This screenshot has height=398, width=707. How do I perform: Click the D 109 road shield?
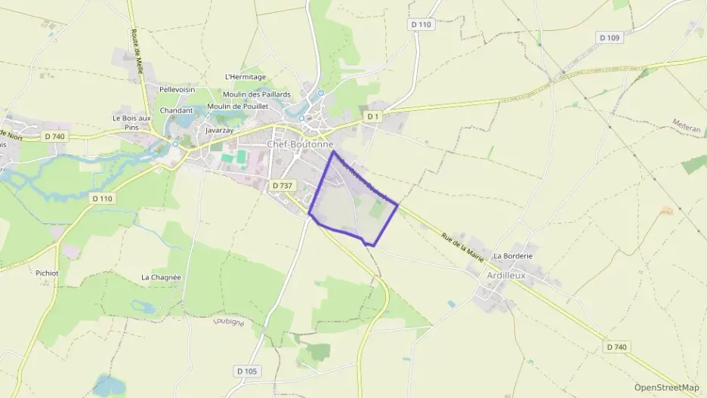[x=609, y=38]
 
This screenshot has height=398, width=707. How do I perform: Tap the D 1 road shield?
[x=372, y=116]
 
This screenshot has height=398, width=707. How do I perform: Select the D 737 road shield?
[x=281, y=185]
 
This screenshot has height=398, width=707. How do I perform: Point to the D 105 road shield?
[x=246, y=371]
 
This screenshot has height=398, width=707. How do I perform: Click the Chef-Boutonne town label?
[x=300, y=144]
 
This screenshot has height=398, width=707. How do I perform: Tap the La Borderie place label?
[x=514, y=256]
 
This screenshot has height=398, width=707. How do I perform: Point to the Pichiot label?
[x=47, y=273]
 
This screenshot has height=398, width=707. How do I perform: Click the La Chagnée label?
[x=161, y=277]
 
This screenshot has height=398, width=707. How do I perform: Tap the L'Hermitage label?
[x=245, y=77]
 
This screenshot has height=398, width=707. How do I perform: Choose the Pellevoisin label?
[x=177, y=89]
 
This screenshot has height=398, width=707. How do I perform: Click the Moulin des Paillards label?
[x=256, y=94]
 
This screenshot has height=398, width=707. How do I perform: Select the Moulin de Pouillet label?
[x=237, y=106]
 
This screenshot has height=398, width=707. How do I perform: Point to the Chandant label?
[x=176, y=110]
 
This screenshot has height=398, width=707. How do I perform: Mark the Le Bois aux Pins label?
[x=132, y=123]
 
